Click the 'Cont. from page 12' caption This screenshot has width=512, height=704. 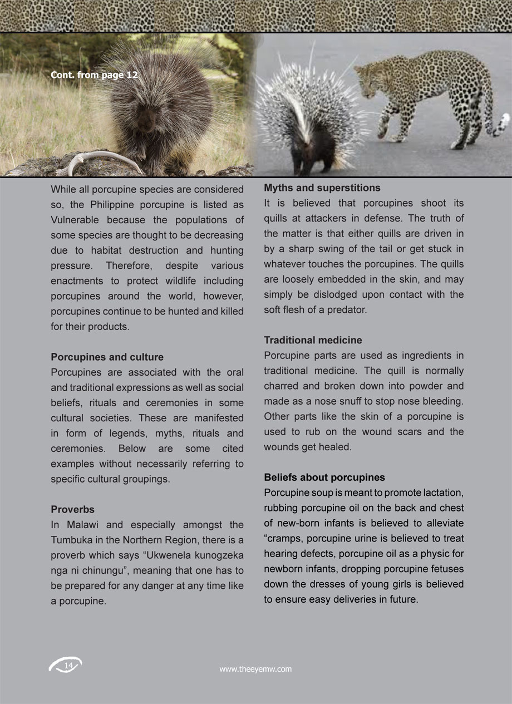[94, 75]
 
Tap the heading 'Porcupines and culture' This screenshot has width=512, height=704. [107, 357]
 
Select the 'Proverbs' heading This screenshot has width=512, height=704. [72, 509]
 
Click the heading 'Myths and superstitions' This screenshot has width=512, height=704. [322, 188]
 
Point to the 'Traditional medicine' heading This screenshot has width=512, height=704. [313, 340]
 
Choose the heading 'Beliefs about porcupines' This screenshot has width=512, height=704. [324, 477]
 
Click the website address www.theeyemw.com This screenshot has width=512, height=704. [255, 669]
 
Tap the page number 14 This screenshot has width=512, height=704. [68, 666]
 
